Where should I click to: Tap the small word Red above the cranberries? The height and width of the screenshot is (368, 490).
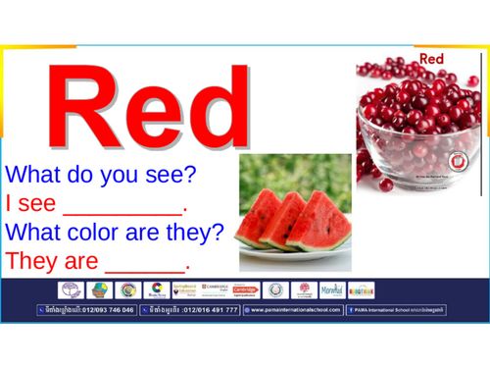pyautogui.click(x=432, y=60)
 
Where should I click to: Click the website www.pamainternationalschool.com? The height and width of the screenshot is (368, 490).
pyautogui.click(x=294, y=310)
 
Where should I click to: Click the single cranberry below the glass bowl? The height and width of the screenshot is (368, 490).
pyautogui.click(x=385, y=184)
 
